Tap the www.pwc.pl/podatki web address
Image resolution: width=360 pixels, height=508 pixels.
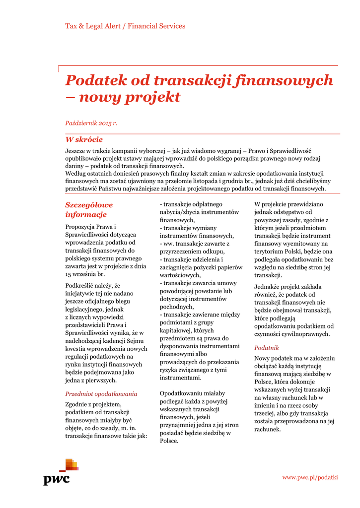[310, 477]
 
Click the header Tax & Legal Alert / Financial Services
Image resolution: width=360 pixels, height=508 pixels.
[125, 26]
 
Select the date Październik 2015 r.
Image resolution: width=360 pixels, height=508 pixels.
[91, 123]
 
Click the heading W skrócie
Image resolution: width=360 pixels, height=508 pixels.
[84, 140]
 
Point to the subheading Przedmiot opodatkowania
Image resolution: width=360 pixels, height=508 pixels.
[101, 394]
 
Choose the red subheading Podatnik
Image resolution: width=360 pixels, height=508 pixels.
[267, 348]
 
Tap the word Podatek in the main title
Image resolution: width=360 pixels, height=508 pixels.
[94, 80]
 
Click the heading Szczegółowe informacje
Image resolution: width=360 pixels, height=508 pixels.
[89, 209]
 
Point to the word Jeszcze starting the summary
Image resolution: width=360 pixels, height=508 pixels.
[76, 150]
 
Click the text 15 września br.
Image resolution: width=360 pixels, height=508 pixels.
[85, 274]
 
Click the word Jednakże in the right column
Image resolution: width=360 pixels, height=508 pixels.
[267, 287]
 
